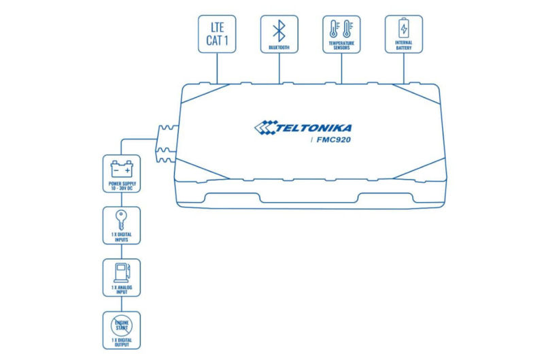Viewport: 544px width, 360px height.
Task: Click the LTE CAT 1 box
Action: coord(217,34)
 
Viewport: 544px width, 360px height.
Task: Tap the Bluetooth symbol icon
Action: coord(279,31)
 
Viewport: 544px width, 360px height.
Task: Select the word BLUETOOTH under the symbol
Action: coord(279,47)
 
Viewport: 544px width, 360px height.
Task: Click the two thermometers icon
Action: coord(341,29)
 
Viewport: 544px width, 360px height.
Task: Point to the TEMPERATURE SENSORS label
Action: coord(341,46)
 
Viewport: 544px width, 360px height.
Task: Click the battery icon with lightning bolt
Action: coord(404,28)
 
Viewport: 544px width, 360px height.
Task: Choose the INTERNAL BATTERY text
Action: coord(404,45)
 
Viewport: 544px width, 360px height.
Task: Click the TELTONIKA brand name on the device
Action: coord(313,128)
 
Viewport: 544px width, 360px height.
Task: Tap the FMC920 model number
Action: coord(333,140)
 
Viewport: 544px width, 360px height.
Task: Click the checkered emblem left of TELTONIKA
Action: coord(266,127)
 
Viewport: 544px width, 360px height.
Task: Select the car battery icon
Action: coord(122,169)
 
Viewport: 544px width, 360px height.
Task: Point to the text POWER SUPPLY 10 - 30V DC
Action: coord(122,186)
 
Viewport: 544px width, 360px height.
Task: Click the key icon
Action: coord(121,220)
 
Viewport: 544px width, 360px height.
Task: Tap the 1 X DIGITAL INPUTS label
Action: coord(122,237)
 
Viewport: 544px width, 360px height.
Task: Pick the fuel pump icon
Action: coord(122,273)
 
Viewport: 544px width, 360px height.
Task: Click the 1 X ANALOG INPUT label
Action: coord(122,289)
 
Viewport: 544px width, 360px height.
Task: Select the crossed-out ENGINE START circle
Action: coord(122,325)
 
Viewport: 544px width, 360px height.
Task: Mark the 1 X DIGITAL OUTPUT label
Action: coord(122,342)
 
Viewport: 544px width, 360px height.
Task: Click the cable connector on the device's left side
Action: coord(167,144)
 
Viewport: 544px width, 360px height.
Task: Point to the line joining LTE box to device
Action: coord(217,68)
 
